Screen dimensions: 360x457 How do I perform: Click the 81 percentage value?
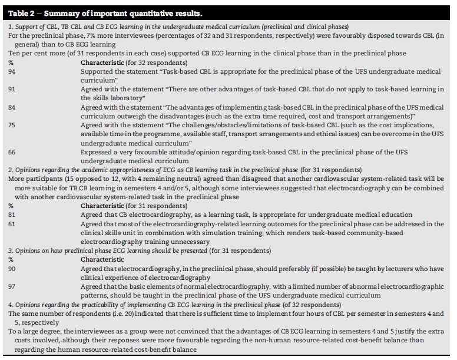pos(12,215)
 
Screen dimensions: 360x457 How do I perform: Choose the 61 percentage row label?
pos(12,224)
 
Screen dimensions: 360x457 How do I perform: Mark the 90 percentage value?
pos(12,268)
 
